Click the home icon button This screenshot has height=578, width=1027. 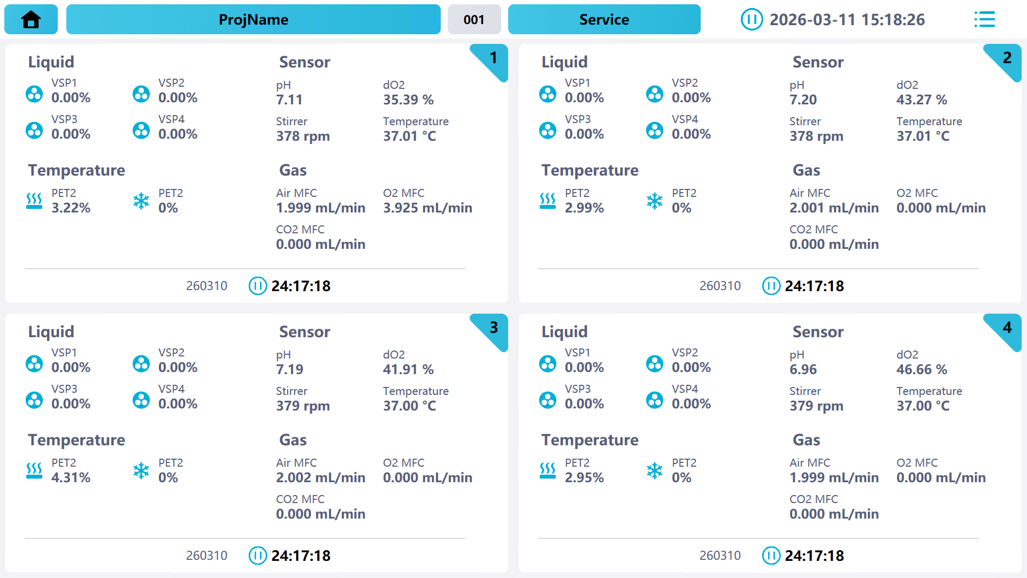pos(31,20)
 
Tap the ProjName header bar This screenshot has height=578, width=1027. pos(253,20)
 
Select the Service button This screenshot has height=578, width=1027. pos(604,20)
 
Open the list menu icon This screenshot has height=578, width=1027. pos(984,20)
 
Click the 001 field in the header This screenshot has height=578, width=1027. pos(474,20)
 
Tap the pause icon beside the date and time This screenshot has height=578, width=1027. pos(752,20)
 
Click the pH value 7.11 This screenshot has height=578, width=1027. pos(289,100)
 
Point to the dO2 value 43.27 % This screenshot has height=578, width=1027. pos(922,100)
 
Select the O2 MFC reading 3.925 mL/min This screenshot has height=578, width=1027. pos(427,208)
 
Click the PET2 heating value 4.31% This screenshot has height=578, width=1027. pos(71,477)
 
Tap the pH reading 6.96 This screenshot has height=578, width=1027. pos(803,369)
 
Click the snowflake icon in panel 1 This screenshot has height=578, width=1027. pos(141,201)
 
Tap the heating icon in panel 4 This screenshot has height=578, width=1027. pos(548,470)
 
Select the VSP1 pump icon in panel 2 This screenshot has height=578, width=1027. pos(548,94)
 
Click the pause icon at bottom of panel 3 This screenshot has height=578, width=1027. pos(257,556)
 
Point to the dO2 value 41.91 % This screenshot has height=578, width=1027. pos(408,369)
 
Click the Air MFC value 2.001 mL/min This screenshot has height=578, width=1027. pos(834,208)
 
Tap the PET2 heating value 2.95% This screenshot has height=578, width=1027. pos(584,477)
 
